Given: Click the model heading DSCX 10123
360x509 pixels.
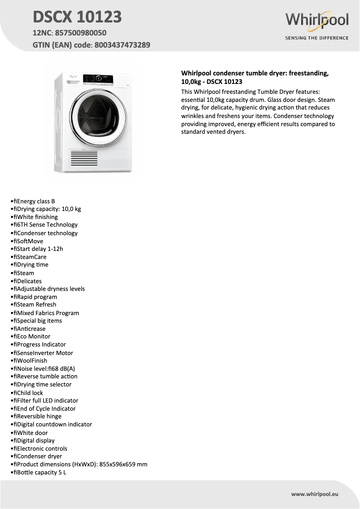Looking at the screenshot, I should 77,17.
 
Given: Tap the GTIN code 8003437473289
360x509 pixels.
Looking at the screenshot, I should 122,45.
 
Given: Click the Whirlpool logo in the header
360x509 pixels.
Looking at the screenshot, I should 317,21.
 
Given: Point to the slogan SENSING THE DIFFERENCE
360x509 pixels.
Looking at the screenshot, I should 317,38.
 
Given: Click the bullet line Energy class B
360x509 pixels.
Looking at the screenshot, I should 36,201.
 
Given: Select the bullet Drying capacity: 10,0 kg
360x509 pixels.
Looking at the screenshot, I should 49,209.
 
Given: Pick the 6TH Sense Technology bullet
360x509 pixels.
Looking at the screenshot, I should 47,224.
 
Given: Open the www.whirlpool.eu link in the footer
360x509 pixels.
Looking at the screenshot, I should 315,494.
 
